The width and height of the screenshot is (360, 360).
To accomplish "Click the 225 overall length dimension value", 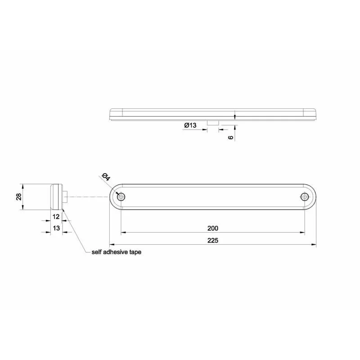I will click(213, 240).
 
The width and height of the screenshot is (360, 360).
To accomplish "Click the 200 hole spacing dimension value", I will click(213, 228).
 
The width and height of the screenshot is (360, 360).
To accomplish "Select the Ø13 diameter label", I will click(190, 126).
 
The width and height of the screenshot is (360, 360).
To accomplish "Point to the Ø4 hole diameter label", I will click(106, 178).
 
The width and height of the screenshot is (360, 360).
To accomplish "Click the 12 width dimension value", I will click(56, 216).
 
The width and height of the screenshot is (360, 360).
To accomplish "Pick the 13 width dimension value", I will click(56, 228).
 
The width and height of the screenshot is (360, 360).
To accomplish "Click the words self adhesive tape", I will click(116, 252).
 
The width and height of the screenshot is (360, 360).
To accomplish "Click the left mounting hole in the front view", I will click(121, 197).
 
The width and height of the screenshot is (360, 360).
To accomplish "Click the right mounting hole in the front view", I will click(305, 197).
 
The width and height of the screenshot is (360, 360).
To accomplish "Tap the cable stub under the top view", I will click(212, 122).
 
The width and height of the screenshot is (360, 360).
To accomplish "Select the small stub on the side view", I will click(66, 197).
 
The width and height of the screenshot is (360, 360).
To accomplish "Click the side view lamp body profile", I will click(56, 197).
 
